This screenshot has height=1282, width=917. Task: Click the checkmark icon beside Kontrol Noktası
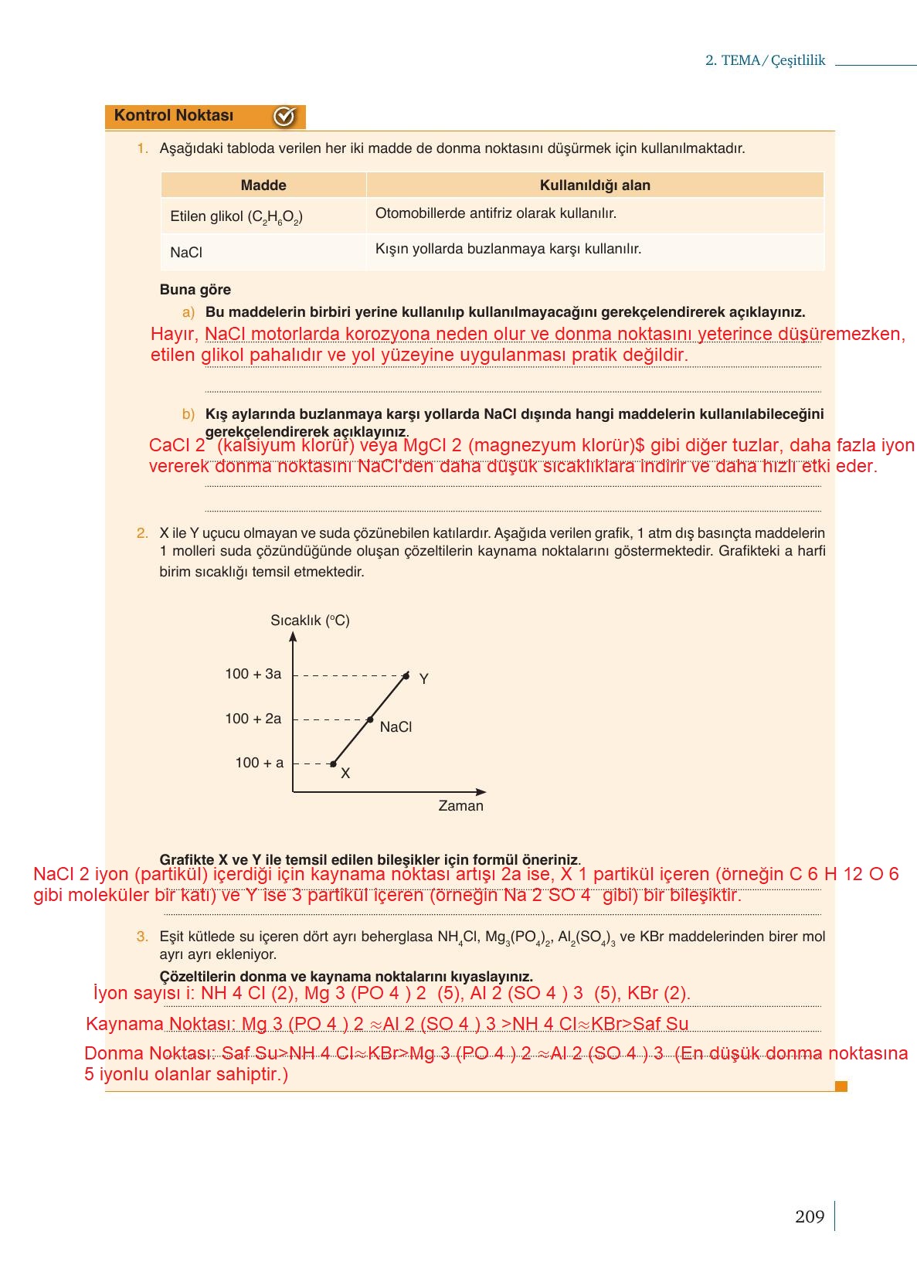(284, 117)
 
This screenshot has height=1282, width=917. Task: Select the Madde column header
(263, 185)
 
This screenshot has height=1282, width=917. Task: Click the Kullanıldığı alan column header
(595, 185)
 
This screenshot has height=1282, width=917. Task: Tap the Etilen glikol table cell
(236, 217)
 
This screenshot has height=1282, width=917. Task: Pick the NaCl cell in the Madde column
(186, 253)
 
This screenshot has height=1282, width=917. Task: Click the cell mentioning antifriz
(496, 214)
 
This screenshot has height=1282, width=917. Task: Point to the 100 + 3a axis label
(253, 674)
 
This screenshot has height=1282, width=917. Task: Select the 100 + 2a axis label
(253, 719)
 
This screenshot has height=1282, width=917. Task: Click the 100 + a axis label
(260, 763)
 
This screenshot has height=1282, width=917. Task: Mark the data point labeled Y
(406, 676)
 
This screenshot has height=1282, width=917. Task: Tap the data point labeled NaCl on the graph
(370, 719)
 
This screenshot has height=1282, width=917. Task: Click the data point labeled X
(333, 764)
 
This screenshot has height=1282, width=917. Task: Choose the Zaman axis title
(460, 806)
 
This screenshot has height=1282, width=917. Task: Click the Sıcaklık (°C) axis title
(310, 621)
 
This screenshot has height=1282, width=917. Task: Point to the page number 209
(810, 1217)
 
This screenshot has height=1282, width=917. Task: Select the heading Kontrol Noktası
(174, 116)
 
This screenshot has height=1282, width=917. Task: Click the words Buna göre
(195, 290)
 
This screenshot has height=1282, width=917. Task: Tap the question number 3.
(142, 937)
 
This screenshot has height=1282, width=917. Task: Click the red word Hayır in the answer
(173, 335)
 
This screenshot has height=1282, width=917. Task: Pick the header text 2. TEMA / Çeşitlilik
(765, 60)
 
